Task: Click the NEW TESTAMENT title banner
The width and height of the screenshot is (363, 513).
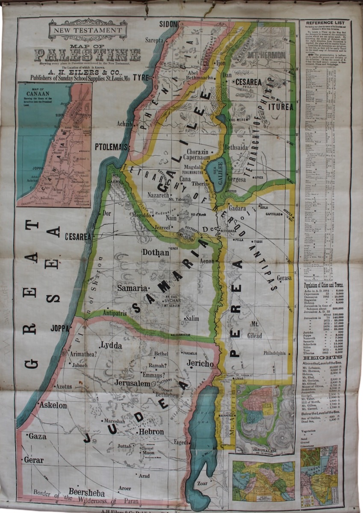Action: [88, 30]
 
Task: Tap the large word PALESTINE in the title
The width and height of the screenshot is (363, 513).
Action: [87, 55]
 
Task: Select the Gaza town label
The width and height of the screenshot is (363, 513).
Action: [38, 436]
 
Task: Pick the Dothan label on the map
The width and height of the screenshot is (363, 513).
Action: [156, 253]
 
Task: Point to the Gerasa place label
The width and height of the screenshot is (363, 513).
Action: [284, 278]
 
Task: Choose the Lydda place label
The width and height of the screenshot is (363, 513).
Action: [111, 345]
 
